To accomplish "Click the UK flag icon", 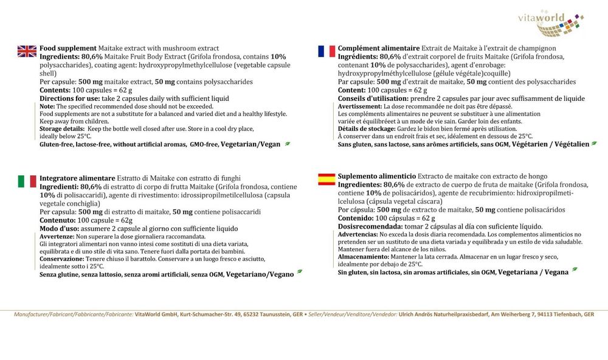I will (27, 51).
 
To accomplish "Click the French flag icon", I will (326, 51).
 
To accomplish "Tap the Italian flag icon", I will (27, 181).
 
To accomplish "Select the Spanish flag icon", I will (326, 179).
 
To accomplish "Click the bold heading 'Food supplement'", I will (67, 48).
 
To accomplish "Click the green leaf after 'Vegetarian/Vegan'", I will (288, 144).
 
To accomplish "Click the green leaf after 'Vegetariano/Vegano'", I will (300, 274).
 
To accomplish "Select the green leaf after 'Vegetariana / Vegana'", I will (575, 269).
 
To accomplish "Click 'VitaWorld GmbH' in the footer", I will (159, 314).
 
